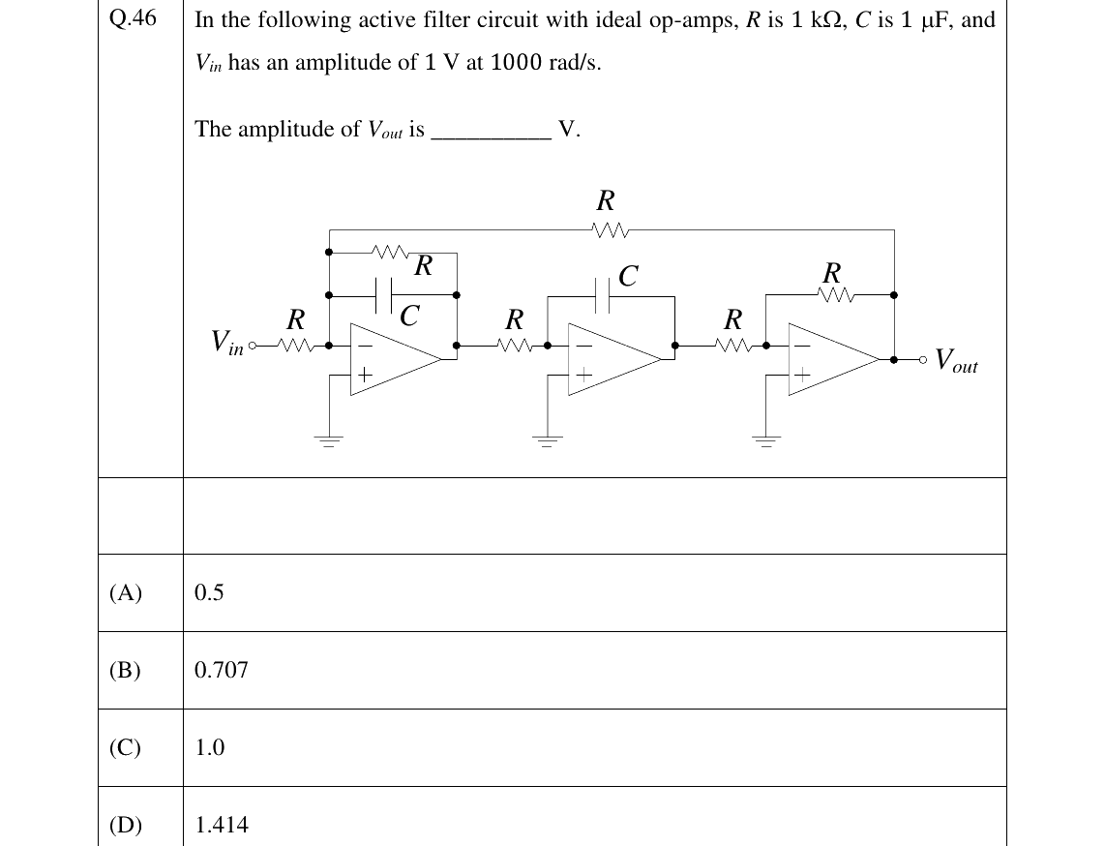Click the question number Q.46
(x=134, y=18)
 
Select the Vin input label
(x=227, y=343)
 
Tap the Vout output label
(x=956, y=360)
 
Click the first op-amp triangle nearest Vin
(x=396, y=359)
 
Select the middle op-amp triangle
(x=614, y=359)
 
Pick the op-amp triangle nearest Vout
(x=834, y=359)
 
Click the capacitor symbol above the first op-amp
(x=384, y=294)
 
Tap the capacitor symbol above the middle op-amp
(x=603, y=295)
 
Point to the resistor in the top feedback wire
(x=611, y=229)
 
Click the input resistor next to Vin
(x=295, y=346)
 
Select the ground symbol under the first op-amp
(x=328, y=440)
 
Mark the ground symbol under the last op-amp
(x=766, y=440)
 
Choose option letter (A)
(x=126, y=593)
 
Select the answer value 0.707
(x=222, y=670)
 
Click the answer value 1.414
(x=222, y=825)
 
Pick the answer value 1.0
(x=210, y=747)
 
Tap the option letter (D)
(x=126, y=825)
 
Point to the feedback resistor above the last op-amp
(x=837, y=295)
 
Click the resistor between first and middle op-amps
(x=515, y=346)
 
